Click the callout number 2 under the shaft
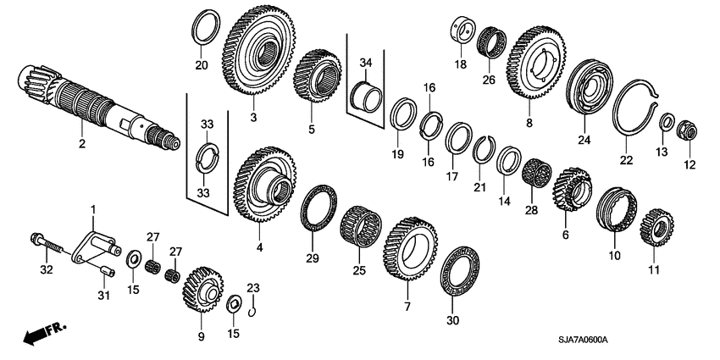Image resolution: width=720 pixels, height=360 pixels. click(x=82, y=144)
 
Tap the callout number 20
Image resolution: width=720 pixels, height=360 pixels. click(x=201, y=64)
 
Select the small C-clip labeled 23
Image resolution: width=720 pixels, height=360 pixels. click(x=252, y=311)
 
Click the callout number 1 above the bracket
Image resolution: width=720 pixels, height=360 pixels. click(x=94, y=208)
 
